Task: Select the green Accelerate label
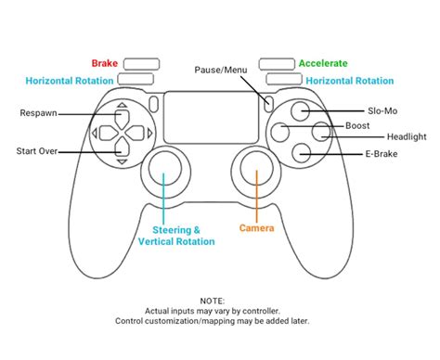click(x=322, y=64)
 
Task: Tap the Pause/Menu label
click(x=222, y=71)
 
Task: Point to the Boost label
click(x=356, y=125)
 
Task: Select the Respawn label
click(x=38, y=113)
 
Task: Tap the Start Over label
click(x=38, y=150)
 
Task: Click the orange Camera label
click(x=257, y=227)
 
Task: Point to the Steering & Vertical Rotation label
click(x=176, y=235)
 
